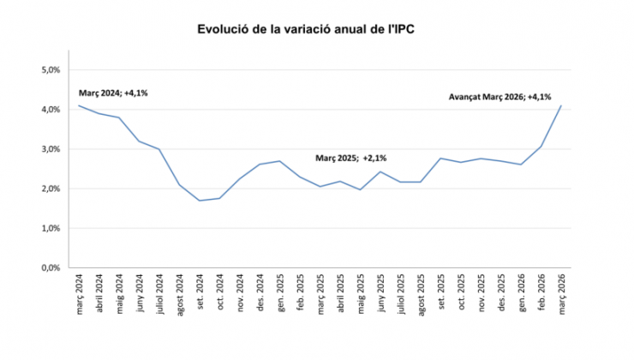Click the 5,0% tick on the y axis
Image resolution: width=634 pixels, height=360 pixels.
pos(51,69)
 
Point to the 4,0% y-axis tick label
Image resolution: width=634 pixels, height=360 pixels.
pos(51,110)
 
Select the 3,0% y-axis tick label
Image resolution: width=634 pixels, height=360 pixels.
pos(51,149)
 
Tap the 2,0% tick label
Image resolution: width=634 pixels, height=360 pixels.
pos(51,189)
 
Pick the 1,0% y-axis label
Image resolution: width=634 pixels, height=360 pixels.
pos(51,229)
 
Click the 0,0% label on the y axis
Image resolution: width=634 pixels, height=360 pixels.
pos(51,268)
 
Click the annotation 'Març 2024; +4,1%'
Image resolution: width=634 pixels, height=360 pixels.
pos(113,93)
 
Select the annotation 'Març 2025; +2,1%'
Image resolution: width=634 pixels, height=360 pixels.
pos(351,159)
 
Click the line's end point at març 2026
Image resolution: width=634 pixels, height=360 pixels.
pos(560,105)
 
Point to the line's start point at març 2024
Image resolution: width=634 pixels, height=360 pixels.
pos(79,105)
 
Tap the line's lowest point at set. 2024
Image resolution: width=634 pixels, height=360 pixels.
pos(200,201)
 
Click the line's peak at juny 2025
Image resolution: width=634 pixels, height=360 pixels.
pos(380,172)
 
